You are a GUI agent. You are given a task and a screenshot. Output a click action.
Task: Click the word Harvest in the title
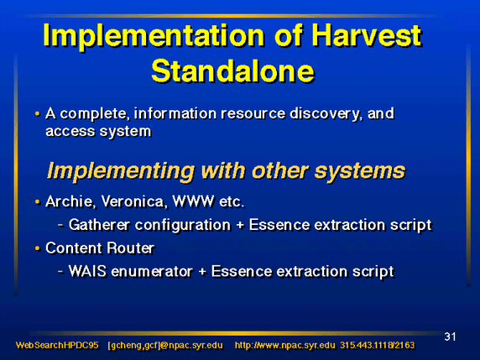367,35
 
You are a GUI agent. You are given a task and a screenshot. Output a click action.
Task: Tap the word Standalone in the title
233,71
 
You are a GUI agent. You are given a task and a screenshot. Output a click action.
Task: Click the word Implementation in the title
154,36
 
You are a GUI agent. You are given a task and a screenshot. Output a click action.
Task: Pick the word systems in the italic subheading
360,171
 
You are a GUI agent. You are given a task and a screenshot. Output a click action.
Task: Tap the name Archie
70,201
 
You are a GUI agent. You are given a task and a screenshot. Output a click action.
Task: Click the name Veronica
134,201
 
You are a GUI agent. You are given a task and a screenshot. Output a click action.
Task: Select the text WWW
193,201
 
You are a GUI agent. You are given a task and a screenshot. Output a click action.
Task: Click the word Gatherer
99,225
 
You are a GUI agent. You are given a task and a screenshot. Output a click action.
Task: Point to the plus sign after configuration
240,226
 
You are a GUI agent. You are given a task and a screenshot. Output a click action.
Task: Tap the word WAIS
87,271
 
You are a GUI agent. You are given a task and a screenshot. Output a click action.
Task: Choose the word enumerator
152,272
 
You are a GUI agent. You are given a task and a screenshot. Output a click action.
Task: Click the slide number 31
450,337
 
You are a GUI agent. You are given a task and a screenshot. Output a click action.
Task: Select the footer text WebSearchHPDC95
57,345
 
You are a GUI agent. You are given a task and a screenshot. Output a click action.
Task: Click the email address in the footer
165,346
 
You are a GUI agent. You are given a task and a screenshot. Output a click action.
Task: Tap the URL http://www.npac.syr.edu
285,346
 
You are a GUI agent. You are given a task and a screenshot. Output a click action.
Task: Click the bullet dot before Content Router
38,248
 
